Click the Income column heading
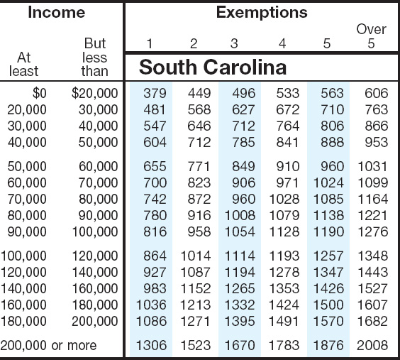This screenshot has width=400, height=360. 56,12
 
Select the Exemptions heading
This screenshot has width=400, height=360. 262,13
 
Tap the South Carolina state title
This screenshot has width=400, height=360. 213,67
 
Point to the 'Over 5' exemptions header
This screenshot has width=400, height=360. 371,36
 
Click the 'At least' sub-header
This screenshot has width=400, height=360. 23,65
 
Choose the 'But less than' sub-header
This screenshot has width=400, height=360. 94,58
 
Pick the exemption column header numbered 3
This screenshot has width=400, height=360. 234,43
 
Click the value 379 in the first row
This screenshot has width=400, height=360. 155,93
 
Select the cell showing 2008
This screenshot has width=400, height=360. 372,346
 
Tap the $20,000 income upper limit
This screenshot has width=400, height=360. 94,94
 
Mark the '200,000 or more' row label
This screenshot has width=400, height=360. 48,346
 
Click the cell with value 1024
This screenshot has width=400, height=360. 328,182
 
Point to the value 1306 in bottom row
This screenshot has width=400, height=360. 151,346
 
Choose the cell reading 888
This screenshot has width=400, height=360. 332,142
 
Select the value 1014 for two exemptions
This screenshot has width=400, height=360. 196,256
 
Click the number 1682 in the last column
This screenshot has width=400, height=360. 373,321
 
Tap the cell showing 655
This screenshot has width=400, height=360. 155,166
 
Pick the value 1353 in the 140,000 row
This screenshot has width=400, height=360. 284,288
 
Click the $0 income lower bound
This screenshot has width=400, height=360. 40,94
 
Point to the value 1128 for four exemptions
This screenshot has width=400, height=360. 284,231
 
